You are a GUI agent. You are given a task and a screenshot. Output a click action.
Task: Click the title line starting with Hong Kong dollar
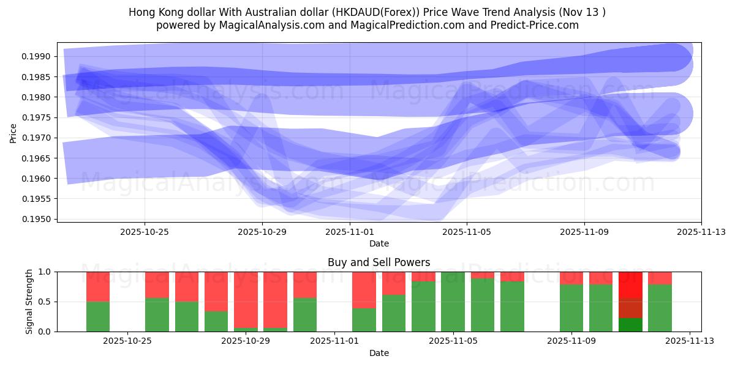click(x=367, y=12)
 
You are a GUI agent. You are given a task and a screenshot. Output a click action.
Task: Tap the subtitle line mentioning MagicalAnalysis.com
click(x=367, y=25)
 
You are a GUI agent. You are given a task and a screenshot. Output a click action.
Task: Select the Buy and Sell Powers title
click(x=379, y=262)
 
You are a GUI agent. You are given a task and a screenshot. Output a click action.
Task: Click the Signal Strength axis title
click(x=29, y=302)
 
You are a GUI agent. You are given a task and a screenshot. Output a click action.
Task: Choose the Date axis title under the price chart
click(x=379, y=243)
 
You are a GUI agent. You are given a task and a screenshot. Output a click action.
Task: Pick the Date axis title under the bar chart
click(x=379, y=353)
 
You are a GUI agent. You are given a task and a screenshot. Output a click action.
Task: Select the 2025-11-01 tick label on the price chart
click(x=349, y=232)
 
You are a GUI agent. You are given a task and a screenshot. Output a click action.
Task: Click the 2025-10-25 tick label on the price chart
click(x=145, y=232)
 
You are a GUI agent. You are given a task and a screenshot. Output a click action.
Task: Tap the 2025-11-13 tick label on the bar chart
click(x=690, y=341)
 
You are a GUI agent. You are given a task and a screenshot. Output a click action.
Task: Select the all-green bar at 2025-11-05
click(x=453, y=302)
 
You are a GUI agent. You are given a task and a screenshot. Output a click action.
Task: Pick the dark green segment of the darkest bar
click(x=630, y=325)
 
